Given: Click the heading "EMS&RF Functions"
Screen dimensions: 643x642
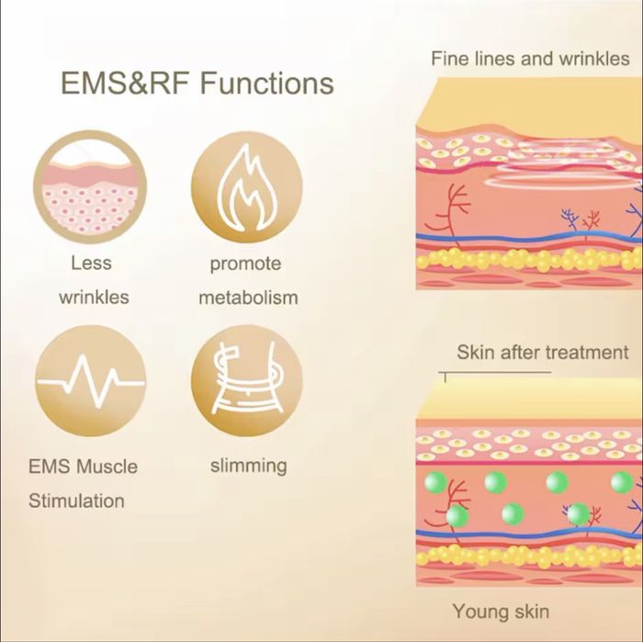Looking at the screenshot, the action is [197, 84].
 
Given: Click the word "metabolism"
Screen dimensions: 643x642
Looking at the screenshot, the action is [248, 298].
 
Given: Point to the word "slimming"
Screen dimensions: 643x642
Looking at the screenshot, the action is [248, 465].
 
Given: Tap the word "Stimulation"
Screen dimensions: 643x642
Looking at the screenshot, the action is [76, 501].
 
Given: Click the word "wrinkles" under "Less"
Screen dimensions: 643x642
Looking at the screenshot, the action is [94, 298].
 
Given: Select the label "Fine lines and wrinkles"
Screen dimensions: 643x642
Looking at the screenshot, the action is [530, 59].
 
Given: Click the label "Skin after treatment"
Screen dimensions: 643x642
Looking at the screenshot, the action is [543, 353].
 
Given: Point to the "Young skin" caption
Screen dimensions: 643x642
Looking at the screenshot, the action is [501, 611].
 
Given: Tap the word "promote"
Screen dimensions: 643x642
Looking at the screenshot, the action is [245, 264].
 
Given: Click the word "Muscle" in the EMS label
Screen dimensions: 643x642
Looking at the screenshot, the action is [107, 466].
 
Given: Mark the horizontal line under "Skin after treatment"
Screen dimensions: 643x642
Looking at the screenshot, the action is [496, 373].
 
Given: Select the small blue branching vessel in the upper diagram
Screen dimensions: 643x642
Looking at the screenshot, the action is [571, 219].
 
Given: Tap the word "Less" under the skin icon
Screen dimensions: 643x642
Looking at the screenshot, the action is [91, 264].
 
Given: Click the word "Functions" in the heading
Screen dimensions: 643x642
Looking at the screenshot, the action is [266, 84].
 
